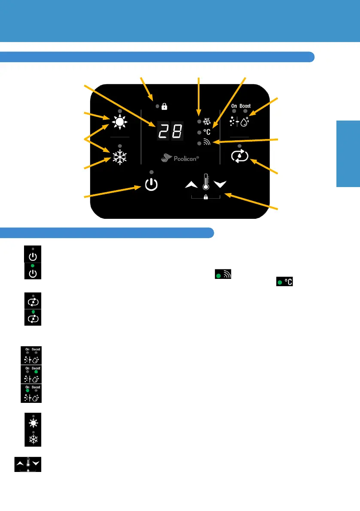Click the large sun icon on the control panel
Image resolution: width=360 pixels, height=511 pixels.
tap(120, 123)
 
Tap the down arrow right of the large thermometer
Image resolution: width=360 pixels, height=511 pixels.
tap(220, 184)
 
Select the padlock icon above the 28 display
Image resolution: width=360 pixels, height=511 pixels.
tap(164, 106)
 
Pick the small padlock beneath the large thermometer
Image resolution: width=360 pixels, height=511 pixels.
tap(206, 197)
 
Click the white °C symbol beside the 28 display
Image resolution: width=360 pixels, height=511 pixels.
tap(207, 132)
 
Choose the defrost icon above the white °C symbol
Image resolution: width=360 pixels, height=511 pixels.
tap(207, 121)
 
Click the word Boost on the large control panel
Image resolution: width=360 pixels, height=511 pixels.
tap(245, 106)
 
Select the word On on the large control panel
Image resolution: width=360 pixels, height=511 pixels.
tap(234, 106)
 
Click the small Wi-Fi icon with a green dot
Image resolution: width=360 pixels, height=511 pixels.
tap(226, 275)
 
